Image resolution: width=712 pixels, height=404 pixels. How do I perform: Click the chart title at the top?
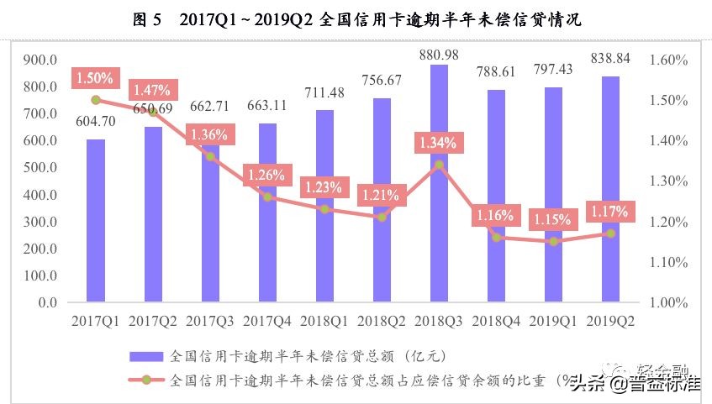[x=356, y=19]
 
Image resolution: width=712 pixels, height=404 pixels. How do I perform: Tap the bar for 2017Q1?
[x=96, y=220]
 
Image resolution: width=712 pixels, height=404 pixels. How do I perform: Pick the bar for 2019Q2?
[x=610, y=189]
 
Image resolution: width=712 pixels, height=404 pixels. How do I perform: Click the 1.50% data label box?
[x=94, y=78]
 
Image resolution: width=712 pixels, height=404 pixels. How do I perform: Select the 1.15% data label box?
[x=552, y=220]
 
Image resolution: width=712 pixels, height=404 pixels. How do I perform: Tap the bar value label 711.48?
[x=324, y=92]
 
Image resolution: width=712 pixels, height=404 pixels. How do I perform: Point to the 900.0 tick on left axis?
[x=40, y=60]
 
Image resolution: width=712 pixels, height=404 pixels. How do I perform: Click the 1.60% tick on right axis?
[x=669, y=60]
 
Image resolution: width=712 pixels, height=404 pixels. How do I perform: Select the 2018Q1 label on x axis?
[x=324, y=321]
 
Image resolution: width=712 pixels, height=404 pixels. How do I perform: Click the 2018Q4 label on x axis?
[x=496, y=321]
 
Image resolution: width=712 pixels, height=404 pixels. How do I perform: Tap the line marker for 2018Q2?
[x=382, y=217]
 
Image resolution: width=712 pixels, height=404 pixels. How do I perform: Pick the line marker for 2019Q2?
[x=610, y=233]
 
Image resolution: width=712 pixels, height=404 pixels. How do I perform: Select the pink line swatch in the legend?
[x=146, y=380]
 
